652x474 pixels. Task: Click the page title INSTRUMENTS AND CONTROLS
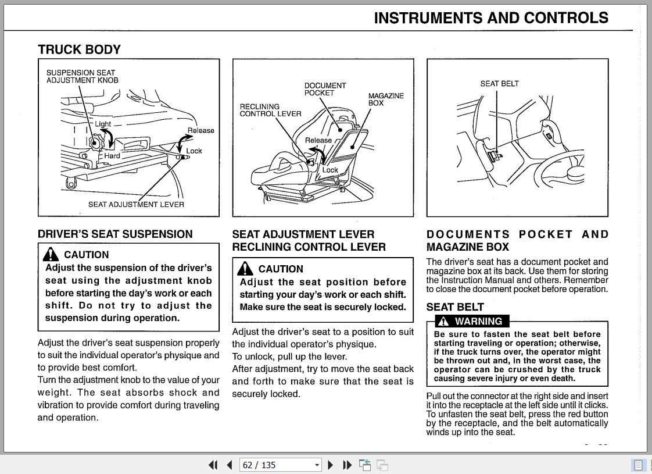tap(491, 18)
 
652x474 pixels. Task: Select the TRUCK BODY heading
tap(79, 49)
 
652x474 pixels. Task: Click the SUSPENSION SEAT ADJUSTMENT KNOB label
tap(82, 76)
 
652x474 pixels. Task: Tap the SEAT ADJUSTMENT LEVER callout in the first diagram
tap(136, 204)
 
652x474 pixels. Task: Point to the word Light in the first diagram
tap(103, 124)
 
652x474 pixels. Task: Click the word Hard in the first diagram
tap(112, 156)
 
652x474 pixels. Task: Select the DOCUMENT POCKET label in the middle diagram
tap(325, 89)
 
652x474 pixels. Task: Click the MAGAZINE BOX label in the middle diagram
tap(385, 99)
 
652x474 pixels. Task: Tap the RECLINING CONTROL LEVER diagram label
tap(270, 110)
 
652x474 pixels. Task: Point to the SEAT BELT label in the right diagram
tap(499, 84)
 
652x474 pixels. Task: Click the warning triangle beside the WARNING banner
tap(444, 321)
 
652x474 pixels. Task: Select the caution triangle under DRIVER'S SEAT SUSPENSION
tap(51, 254)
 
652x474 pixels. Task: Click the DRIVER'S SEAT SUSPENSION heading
tap(115, 234)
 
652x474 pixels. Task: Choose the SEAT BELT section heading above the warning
tap(454, 307)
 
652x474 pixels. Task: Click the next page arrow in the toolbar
tap(331, 465)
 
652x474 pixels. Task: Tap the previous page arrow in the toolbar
tap(230, 465)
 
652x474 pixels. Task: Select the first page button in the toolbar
tap(213, 465)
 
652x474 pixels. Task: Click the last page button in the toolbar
tap(347, 465)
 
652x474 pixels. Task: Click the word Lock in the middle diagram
tap(330, 170)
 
